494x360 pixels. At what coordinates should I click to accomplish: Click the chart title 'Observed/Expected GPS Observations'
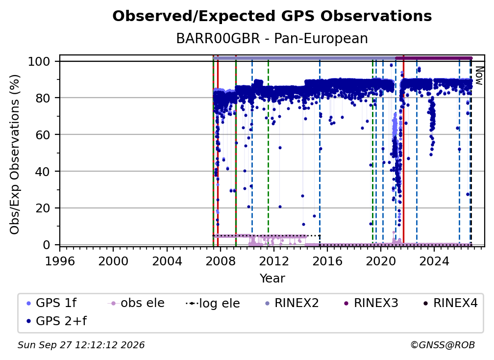coord(272,16)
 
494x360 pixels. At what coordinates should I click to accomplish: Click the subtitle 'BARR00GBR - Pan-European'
coord(272,38)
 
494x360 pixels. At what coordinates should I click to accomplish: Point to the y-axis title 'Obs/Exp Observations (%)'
coord(15,154)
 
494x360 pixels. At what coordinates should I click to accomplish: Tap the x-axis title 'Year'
coord(272,279)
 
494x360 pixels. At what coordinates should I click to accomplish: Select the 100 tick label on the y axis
coord(39,61)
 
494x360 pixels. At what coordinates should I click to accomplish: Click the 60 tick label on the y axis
coord(43,135)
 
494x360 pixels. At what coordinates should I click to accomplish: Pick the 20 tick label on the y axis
coord(43,208)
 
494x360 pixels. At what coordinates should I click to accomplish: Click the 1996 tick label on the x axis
coord(60,261)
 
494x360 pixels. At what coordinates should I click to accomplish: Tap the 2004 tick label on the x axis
coord(167,261)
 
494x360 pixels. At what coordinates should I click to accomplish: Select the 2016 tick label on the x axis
coord(327,261)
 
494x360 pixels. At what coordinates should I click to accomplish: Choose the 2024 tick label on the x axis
coord(434,261)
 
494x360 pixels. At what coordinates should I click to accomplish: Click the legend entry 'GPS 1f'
coord(51,303)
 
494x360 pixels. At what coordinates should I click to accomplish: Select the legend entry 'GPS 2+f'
coord(57,321)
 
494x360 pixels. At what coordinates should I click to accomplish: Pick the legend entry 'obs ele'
coord(136,303)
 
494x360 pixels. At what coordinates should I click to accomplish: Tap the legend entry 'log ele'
coord(213,303)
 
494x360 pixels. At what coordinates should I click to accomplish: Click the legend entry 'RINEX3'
coord(371,303)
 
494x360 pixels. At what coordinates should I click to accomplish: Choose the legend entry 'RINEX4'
coord(450,303)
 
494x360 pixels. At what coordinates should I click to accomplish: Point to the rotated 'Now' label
coord(479,76)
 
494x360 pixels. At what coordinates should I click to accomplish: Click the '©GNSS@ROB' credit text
coord(443,345)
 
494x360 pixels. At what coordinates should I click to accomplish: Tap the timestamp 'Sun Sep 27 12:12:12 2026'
coord(81,345)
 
